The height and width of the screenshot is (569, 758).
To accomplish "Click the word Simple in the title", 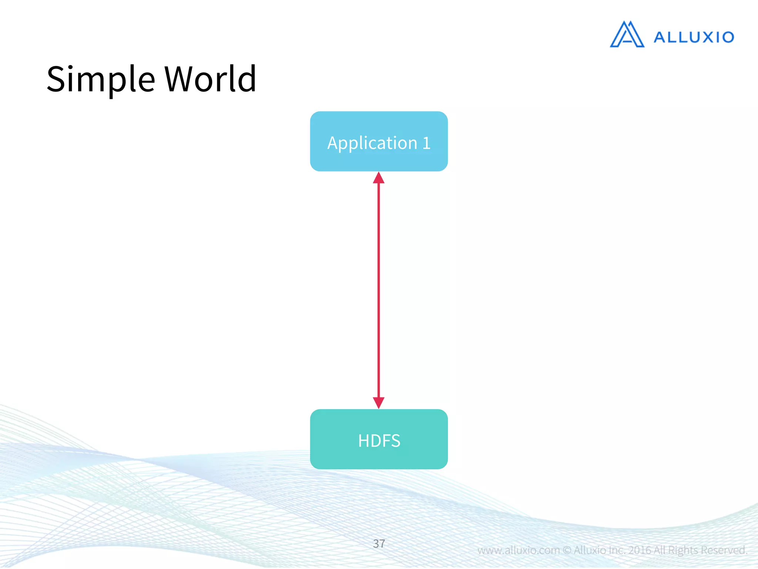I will point(101,79).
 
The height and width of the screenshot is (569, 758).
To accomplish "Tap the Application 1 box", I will point(379,141).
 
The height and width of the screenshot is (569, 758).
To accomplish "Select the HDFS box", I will point(379,439).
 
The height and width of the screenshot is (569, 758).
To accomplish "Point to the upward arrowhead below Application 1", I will point(379,178).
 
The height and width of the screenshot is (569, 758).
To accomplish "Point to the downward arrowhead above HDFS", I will point(379,403).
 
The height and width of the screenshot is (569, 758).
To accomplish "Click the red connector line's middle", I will point(379,290).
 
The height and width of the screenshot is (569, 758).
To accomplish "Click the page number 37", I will point(379,543).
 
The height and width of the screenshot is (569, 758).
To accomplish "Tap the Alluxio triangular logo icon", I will point(627,34).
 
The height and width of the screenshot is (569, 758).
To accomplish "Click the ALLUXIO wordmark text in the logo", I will point(694,37).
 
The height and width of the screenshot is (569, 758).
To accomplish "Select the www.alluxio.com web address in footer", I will point(519,550).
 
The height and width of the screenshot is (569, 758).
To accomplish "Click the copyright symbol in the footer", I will point(567,550).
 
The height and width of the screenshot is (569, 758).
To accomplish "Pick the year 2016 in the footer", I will point(640,550).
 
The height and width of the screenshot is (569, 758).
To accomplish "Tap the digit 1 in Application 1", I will point(426,143).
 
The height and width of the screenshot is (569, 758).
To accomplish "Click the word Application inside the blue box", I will point(372,143).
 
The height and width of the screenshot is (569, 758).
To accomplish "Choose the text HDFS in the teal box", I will point(379,441).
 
